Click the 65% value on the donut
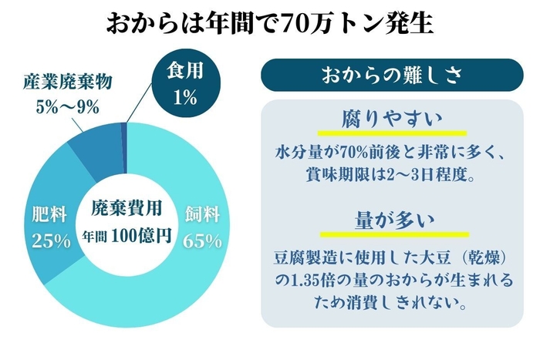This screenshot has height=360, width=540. (x=203, y=240)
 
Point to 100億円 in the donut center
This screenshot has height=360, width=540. (x=140, y=233)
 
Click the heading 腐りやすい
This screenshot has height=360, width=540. (x=393, y=120)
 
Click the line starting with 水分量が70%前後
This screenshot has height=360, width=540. (x=393, y=151)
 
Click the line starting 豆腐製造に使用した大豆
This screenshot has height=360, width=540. (x=393, y=255)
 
